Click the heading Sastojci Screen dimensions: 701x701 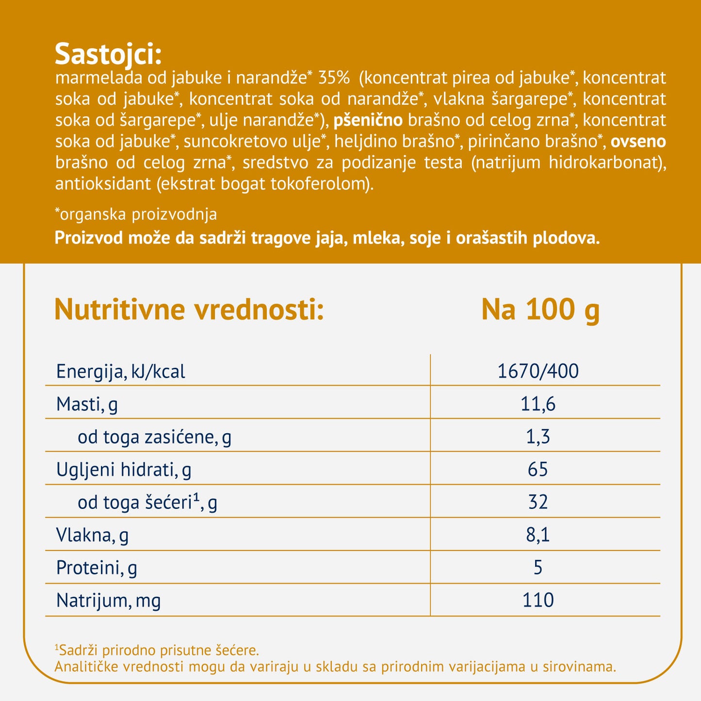click(108, 54)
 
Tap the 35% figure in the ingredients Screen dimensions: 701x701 click(334, 78)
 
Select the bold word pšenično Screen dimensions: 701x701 click(368, 120)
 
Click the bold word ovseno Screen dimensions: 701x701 click(638, 141)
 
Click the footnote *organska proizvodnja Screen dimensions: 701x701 click(136, 214)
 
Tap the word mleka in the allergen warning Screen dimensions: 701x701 click(377, 238)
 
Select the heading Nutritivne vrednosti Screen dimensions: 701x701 click(189, 310)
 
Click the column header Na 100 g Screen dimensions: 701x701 click(540, 310)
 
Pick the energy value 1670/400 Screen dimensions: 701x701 click(538, 372)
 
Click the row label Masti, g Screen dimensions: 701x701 click(87, 404)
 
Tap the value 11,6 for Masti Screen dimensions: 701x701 click(538, 404)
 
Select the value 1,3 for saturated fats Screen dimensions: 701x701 click(538, 437)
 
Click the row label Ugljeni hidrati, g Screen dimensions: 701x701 click(124, 470)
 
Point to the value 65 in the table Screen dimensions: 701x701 click(538, 470)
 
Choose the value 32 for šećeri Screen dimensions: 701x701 click(538, 502)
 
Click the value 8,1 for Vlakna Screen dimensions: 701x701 click(538, 535)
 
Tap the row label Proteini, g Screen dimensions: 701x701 click(97, 568)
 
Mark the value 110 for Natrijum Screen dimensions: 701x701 click(538, 601)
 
